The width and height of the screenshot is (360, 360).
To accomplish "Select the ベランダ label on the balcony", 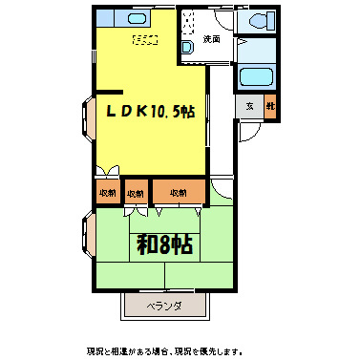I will [164, 307].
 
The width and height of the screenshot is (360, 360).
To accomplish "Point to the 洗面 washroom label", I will [212, 39].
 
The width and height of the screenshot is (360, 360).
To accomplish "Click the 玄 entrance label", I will [248, 106].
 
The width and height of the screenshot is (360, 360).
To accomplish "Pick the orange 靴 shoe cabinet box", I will [270, 106].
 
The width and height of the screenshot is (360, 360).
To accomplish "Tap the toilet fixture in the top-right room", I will [257, 21].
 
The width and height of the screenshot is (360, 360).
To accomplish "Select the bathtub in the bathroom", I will [255, 78].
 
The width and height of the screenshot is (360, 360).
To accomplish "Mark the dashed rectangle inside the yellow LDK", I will [145, 41].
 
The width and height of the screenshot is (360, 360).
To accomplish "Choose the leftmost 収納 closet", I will [106, 192].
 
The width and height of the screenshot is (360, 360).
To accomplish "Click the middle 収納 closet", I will [137, 192].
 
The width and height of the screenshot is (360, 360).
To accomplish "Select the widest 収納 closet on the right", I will [179, 192].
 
